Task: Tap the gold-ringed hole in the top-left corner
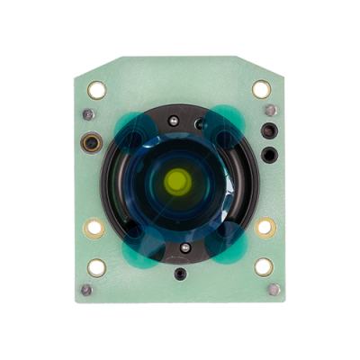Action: pos(96,89)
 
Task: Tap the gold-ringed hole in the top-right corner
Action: pos(261,89)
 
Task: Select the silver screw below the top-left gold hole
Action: pos(88,115)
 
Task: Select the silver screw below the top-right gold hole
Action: pos(270,112)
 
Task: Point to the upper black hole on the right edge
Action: pos(266,131)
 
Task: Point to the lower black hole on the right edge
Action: pos(267,154)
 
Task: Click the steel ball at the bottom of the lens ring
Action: pos(184,247)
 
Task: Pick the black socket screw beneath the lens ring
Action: pos(181,273)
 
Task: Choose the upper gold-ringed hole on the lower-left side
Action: pos(94,228)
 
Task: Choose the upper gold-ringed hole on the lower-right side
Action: pos(265,227)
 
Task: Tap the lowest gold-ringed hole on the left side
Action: pos(96,266)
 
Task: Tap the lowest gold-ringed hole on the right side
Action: pos(263,266)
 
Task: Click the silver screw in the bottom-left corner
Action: pos(86,290)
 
